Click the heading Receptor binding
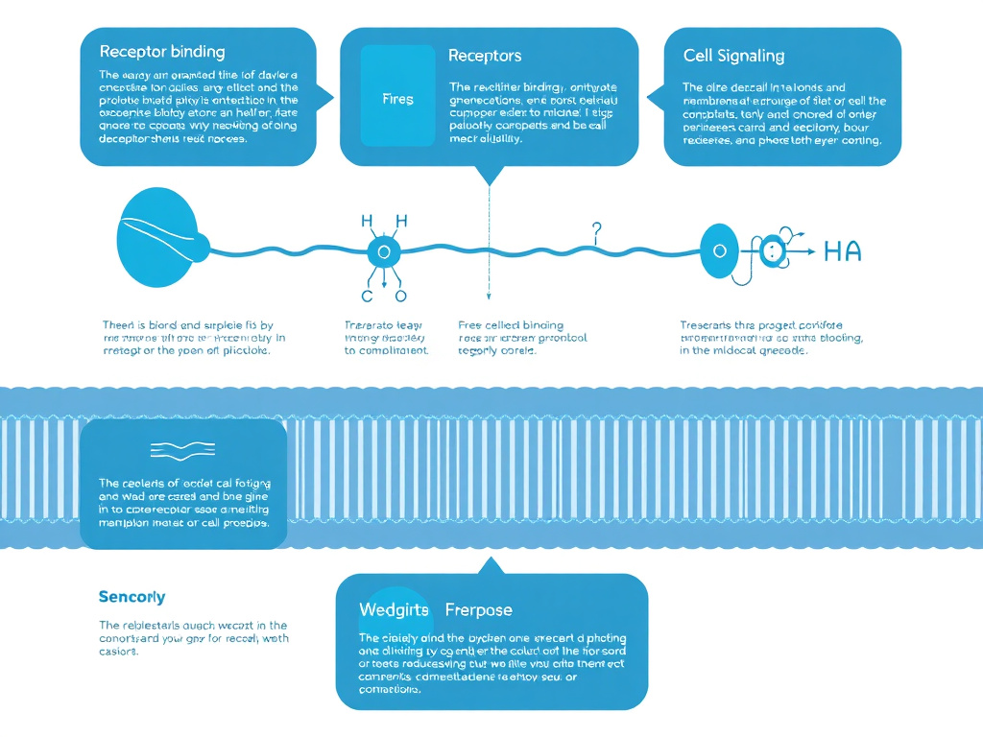pos(161,51)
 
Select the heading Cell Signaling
pos(733,56)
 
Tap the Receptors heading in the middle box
pos(485,56)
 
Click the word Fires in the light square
pos(397,99)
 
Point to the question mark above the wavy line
pos(596,231)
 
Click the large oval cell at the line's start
pos(157,238)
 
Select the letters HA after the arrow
pos(842,252)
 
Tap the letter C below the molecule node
pos(366,297)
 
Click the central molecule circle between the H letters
pos(383,252)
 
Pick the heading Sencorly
pos(132,596)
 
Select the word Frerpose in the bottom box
pos(478,609)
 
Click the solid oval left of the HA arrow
pos(716,252)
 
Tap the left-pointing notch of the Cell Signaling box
pos(653,97)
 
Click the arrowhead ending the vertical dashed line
pos(489,300)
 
